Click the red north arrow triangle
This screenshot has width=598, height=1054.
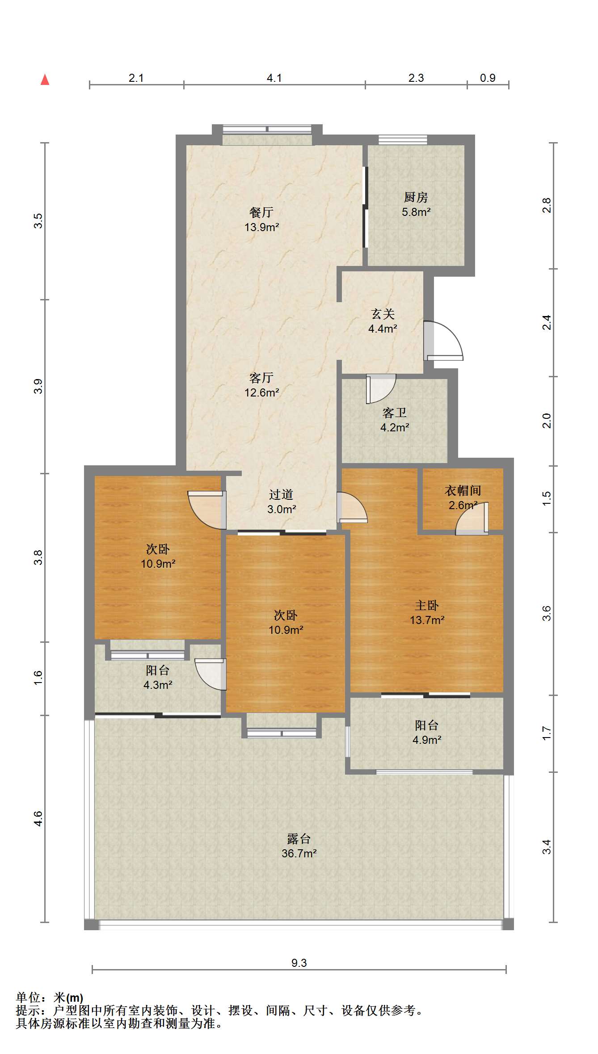point(45,80)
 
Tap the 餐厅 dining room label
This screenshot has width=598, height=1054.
point(261,212)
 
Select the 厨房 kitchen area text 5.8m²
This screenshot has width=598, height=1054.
point(416,212)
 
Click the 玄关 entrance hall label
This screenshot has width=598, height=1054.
point(383,314)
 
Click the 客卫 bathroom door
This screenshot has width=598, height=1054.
point(380,388)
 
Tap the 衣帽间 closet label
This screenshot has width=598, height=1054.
point(463,490)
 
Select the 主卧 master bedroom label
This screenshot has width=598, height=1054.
point(426,605)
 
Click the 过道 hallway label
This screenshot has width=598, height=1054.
point(281,494)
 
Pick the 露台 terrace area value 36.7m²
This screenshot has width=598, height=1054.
point(299,853)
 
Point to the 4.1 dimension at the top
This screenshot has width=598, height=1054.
point(274,78)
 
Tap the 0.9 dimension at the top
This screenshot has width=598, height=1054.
point(487,78)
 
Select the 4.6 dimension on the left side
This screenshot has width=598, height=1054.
point(38,818)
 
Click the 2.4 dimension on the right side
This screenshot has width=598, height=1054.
point(547,322)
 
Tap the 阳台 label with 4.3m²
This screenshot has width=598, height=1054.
point(157,670)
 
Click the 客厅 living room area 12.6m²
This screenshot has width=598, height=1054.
point(261,392)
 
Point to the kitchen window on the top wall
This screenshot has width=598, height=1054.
point(402,139)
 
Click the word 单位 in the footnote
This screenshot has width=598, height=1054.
point(28,997)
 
